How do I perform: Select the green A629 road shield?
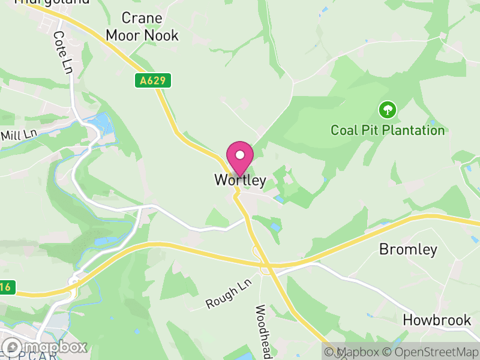(153, 80)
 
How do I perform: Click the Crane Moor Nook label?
(142, 27)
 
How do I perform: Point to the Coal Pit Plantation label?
(388, 130)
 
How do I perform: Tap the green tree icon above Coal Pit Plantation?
(388, 110)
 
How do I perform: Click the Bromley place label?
(408, 250)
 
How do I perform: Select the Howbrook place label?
(437, 320)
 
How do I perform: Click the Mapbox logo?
(45, 347)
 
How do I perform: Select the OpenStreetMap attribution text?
(432, 352)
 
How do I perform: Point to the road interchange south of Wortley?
(265, 264)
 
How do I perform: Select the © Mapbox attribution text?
(353, 352)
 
